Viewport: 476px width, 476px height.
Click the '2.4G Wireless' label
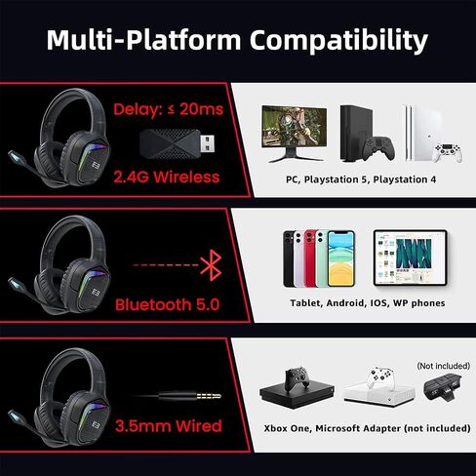pos(167,177)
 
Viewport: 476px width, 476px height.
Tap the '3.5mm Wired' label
pos(169,425)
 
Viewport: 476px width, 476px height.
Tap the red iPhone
pos(311,257)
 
